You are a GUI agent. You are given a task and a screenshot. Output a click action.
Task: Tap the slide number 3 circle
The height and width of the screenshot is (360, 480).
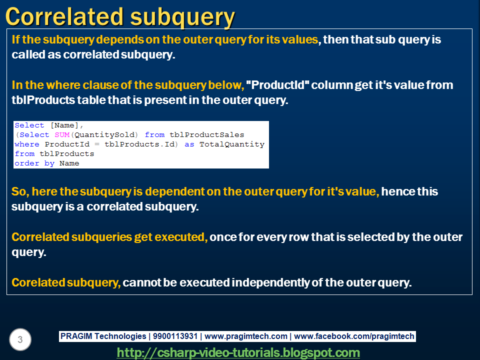coord(20,340)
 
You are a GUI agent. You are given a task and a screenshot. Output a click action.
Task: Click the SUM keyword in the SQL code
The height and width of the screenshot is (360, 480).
coord(62,134)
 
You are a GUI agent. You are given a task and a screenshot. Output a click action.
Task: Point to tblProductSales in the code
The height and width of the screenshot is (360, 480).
coord(207,134)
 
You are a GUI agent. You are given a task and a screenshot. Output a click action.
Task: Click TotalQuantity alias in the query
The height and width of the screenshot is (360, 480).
coord(232,144)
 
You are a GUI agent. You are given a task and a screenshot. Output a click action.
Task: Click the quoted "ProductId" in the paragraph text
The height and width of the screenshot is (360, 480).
coord(277,85)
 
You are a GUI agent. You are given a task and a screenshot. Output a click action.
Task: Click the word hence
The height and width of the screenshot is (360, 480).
coord(395,191)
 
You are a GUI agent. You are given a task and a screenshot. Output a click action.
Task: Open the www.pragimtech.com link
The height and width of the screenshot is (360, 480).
coord(246,336)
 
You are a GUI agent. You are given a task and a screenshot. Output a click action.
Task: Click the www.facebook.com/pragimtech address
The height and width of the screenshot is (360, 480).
coord(354,336)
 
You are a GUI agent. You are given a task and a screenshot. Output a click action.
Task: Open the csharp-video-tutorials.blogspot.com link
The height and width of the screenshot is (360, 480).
coord(238,352)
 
